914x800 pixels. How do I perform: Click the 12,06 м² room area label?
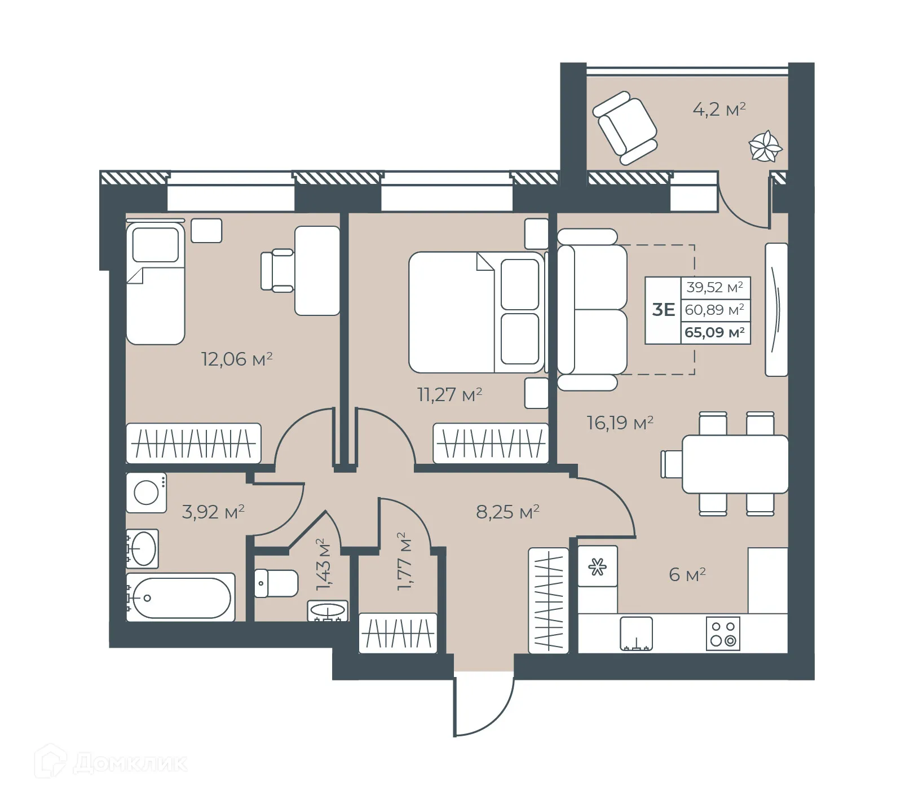237,359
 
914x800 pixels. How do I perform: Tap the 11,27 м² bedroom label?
449,394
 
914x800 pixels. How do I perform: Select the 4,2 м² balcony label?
719,109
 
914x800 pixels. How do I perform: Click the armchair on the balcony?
625,128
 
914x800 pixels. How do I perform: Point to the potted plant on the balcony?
765,147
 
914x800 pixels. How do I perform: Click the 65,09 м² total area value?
714,332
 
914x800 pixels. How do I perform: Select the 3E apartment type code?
663,310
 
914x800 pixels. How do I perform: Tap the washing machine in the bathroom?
146,493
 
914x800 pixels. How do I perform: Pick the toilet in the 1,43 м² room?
276,583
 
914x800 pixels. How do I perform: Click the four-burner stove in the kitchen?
723,634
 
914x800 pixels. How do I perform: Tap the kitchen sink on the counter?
637,633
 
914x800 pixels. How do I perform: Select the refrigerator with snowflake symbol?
597,566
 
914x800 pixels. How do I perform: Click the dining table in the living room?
735,464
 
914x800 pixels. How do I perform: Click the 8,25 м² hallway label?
507,512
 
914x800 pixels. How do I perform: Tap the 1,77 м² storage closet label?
404,561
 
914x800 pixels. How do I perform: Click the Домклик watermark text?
130,763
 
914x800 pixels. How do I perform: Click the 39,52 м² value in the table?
714,287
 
